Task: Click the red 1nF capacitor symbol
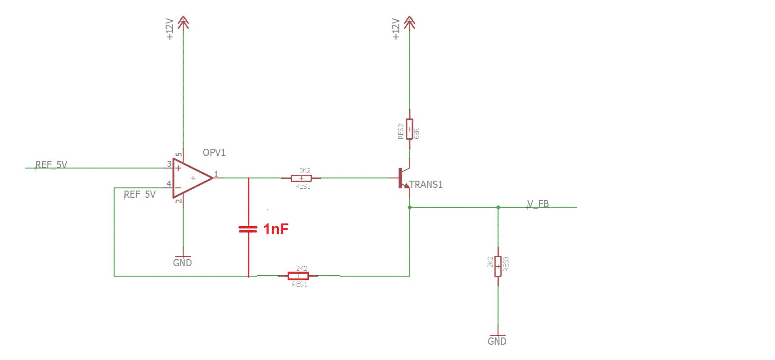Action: click(248, 229)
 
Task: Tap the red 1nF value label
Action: click(276, 229)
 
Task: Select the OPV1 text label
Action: click(214, 152)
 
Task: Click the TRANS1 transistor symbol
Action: click(404, 178)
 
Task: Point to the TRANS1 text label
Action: click(426, 184)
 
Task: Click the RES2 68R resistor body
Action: click(409, 129)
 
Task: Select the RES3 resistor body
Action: click(498, 266)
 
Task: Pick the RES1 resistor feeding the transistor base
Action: click(301, 178)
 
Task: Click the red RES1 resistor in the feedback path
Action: click(298, 276)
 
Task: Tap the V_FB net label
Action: click(538, 204)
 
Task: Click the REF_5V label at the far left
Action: click(51, 164)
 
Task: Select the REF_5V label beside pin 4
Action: click(140, 194)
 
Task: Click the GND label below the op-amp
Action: click(182, 263)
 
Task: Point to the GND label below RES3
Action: click(497, 341)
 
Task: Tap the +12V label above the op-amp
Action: click(170, 29)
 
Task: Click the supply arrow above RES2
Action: click(409, 22)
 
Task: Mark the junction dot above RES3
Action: click(498, 207)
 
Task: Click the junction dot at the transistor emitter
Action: click(409, 207)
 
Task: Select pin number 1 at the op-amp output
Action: click(216, 173)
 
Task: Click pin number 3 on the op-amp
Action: click(169, 164)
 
